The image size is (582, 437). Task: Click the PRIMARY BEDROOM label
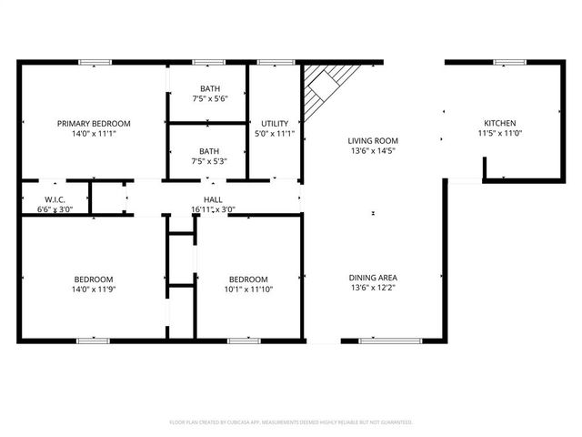tap(94, 124)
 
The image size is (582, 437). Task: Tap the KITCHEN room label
tap(499, 124)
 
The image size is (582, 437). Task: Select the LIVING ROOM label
tap(373, 141)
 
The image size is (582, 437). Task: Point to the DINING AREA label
tap(373, 278)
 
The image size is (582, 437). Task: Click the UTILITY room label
tap(275, 124)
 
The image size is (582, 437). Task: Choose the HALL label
tap(213, 199)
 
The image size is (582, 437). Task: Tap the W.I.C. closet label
tap(55, 199)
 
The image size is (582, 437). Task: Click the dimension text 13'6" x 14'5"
tap(373, 152)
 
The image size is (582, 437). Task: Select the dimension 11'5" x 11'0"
tap(499, 134)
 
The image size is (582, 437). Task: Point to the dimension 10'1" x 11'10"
tap(248, 290)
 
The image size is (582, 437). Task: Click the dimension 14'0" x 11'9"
tap(94, 290)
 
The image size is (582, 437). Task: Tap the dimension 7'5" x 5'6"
tap(209, 98)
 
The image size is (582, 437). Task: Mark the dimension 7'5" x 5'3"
tap(209, 162)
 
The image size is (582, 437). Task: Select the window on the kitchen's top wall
tap(504, 62)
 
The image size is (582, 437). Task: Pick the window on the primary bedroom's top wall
tap(93, 62)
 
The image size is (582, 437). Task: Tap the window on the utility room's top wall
tap(270, 62)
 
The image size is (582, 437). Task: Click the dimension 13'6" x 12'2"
tap(373, 289)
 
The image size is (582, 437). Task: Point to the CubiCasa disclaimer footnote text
tap(291, 422)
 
